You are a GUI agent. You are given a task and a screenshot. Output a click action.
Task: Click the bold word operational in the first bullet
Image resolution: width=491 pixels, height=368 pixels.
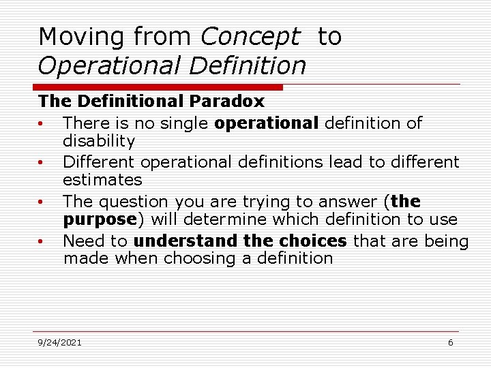(266, 123)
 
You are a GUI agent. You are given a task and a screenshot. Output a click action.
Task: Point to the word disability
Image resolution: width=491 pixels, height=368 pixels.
(99, 142)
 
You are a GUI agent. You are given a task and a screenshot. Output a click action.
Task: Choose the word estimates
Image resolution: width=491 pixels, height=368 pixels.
(102, 181)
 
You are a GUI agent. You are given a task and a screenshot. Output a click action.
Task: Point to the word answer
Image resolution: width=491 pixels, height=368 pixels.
(352, 202)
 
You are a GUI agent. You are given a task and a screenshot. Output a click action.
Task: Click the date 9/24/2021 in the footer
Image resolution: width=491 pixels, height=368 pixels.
(59, 342)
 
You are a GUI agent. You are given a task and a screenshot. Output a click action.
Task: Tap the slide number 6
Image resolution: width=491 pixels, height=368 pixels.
(450, 342)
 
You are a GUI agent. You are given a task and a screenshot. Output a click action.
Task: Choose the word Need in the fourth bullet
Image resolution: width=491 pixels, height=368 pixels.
(81, 241)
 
